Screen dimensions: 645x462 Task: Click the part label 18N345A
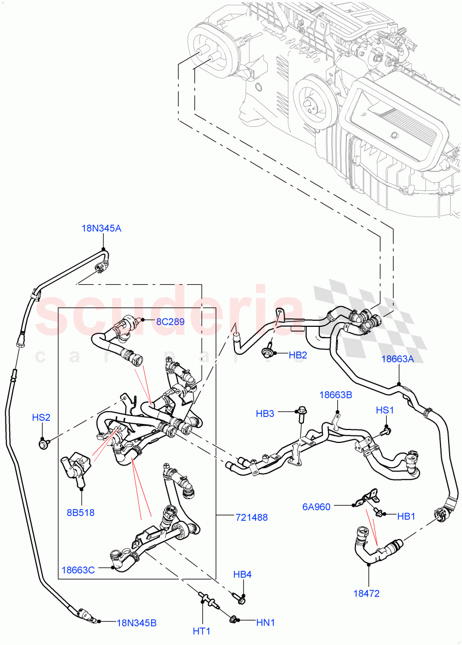[x=101, y=228]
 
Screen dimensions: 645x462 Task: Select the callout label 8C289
[x=170, y=322]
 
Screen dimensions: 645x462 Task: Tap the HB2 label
[x=297, y=355]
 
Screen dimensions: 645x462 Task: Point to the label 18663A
[x=397, y=360]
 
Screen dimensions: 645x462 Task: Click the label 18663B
[x=336, y=395]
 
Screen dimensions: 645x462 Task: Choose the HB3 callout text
[x=265, y=413]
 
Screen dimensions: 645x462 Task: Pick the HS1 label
[x=385, y=410]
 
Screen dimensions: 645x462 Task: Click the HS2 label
[x=41, y=417]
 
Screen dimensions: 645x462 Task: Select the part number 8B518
[x=81, y=512]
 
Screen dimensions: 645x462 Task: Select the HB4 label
[x=243, y=575]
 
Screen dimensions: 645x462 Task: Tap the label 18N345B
[x=137, y=623]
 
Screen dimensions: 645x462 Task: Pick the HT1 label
[x=202, y=630]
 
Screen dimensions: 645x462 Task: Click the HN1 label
[x=265, y=622]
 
